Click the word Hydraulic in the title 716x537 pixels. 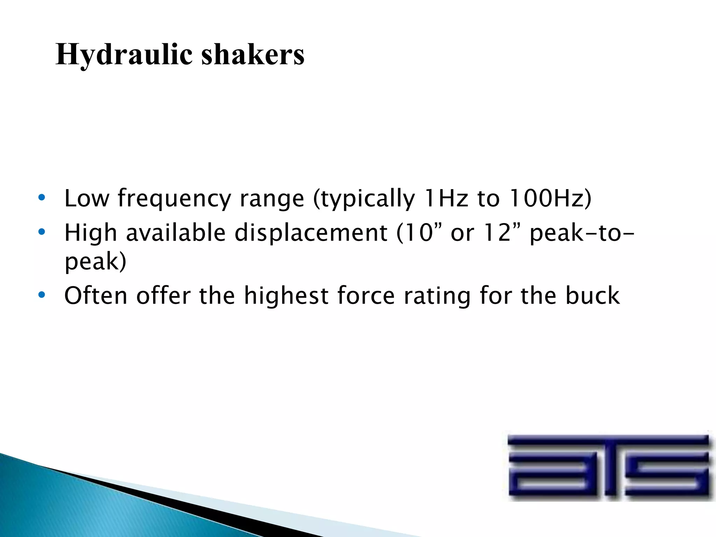(124, 55)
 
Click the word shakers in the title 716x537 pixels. (253, 55)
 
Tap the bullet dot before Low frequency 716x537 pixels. (42, 198)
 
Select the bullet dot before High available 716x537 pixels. (42, 232)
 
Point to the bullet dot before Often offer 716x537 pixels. (42, 295)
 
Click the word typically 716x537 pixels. (364, 199)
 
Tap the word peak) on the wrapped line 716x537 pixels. (95, 262)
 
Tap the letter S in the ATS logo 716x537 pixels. (668, 467)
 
